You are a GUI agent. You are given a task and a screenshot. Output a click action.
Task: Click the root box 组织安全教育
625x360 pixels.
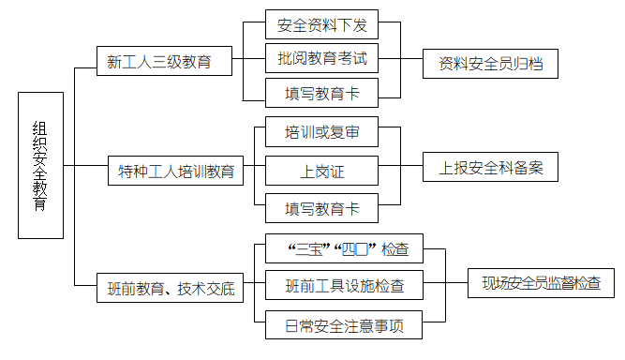point(41,166)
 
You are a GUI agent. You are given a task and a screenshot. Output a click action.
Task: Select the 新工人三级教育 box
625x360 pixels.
point(157,62)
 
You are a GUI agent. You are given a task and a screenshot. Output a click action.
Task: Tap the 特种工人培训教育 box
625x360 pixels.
point(174,172)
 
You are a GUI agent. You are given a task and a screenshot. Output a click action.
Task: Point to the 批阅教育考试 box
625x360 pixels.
point(322,58)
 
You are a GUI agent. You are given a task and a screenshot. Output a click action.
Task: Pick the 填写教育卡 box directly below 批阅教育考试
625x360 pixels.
point(322,93)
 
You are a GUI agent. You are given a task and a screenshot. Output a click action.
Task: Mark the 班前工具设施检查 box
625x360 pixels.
point(343,285)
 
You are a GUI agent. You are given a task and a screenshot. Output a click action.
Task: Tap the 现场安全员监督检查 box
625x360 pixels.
point(541,281)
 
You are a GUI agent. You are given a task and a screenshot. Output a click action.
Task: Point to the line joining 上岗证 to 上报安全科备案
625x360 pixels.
point(390,170)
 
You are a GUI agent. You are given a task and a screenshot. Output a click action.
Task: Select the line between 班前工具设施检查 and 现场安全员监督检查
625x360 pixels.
point(445,283)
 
